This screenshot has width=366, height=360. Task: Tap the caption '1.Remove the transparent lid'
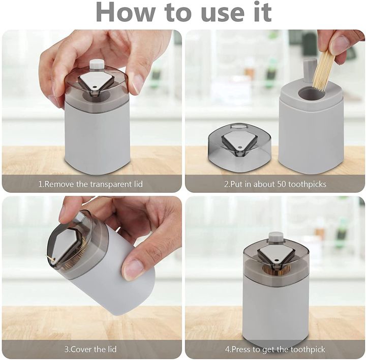coord(91,184)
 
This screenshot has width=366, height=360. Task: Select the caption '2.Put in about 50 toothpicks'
coord(275,184)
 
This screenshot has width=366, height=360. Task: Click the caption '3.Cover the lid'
coord(91,349)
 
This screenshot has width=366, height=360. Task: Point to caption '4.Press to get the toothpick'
coord(275,349)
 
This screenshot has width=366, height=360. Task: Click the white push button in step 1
coord(97,64)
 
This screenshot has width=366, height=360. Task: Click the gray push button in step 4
coord(276,236)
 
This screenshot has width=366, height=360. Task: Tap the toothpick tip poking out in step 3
coord(52,260)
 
